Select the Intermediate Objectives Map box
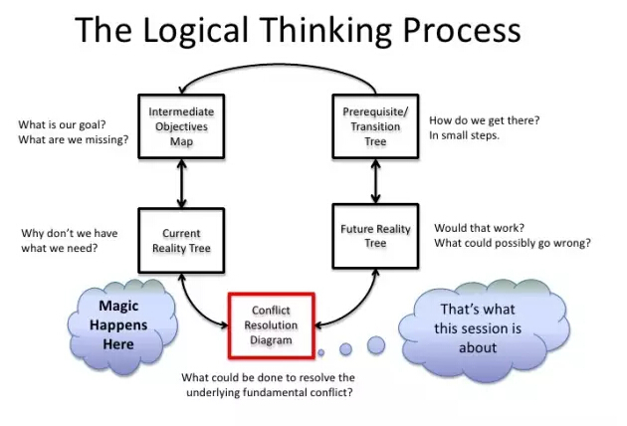click(181, 126)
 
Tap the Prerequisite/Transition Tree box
click(375, 126)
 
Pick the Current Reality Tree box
click(181, 241)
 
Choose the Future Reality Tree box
click(375, 236)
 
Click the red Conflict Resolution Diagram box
click(271, 325)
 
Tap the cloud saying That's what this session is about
click(484, 330)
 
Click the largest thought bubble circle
click(376, 344)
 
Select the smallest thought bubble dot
click(320, 352)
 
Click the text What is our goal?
click(62, 124)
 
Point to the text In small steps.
click(464, 135)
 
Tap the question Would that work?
click(479, 228)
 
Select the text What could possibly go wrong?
click(513, 243)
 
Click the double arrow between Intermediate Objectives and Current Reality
click(181, 183)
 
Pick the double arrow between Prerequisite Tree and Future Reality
click(375, 181)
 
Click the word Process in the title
click(462, 31)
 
